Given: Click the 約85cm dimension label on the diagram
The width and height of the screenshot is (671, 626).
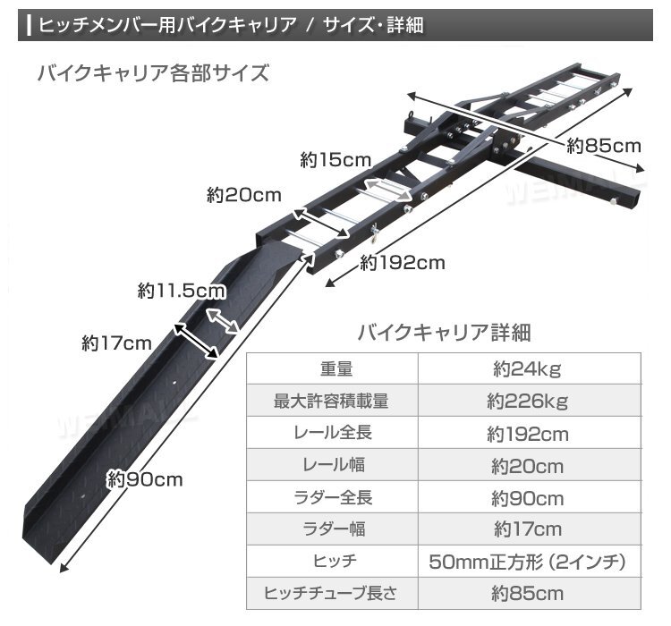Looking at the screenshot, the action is (x=603, y=147).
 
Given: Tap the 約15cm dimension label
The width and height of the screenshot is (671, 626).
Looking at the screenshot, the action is (x=335, y=160).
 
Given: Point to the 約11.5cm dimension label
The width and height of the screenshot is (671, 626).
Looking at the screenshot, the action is (x=182, y=291).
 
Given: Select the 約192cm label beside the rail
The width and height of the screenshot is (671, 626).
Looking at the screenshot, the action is (x=403, y=263).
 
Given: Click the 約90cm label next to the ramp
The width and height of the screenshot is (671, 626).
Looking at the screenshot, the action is (x=145, y=479).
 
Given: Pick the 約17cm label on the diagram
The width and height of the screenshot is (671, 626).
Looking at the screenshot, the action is (x=117, y=343).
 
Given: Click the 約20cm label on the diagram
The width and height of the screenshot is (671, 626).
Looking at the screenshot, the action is (x=244, y=195).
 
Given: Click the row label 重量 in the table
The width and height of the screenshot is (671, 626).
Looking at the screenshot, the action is (x=336, y=368).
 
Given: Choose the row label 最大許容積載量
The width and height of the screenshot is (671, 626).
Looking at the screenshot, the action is (x=331, y=401).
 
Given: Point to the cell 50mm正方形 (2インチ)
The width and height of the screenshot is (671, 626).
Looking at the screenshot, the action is (x=527, y=562).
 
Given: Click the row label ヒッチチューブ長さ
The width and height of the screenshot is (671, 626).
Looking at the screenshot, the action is (x=330, y=593).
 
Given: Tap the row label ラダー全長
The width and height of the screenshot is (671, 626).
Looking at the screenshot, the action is (x=333, y=497).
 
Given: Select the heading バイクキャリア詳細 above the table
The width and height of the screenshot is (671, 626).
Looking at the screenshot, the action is (x=444, y=333).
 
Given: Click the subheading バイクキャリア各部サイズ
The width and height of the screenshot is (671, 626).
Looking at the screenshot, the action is (x=153, y=72).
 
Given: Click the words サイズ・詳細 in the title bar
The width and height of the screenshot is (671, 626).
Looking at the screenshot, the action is (x=373, y=25).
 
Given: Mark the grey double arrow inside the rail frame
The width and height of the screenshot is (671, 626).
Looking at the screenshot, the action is (x=387, y=189).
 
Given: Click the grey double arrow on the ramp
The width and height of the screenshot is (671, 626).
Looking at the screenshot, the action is (x=223, y=321).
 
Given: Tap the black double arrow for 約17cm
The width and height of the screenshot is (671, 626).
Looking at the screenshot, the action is (x=196, y=341).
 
